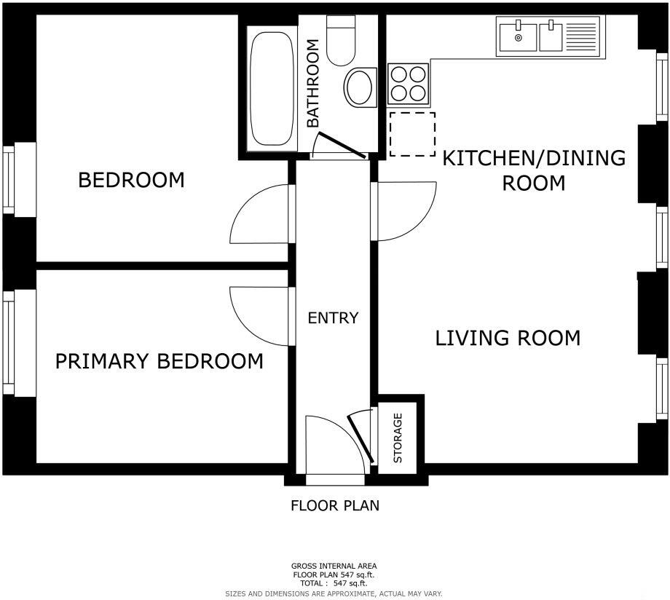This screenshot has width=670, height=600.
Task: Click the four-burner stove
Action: tap(408, 83)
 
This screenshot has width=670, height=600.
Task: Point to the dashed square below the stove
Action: tap(412, 134)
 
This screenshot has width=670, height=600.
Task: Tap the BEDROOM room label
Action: tap(131, 180)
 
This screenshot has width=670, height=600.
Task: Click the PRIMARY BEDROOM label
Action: tap(159, 361)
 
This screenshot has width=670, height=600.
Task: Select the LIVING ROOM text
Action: tap(508, 338)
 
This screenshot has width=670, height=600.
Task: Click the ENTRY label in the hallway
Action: tap(333, 318)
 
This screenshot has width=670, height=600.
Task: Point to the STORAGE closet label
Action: tap(398, 438)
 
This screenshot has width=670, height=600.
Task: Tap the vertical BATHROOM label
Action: tap(312, 84)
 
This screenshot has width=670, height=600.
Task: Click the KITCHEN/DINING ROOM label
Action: tap(534, 170)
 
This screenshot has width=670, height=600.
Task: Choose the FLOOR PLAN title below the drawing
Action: tap(335, 505)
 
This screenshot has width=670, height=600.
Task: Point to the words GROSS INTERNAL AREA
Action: tap(334, 566)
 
